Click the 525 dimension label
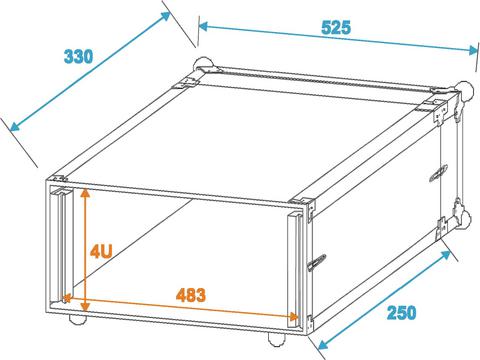[x=336, y=27]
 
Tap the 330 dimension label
[x=78, y=56]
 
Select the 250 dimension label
[x=401, y=313]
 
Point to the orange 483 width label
[x=191, y=295]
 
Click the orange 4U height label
[x=101, y=251]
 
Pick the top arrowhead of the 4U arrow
[x=86, y=193]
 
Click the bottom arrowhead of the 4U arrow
[x=86, y=306]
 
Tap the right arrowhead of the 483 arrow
[x=292, y=316]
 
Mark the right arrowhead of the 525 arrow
[x=473, y=50]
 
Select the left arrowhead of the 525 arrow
[x=204, y=26]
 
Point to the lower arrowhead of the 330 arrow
[x=14, y=126]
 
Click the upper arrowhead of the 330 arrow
[x=166, y=16]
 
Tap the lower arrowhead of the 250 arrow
[x=323, y=344]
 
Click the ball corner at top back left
[x=202, y=64]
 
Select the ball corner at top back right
[x=464, y=89]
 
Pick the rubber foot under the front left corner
[x=78, y=319]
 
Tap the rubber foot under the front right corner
[x=277, y=339]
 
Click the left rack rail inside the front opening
[x=60, y=243]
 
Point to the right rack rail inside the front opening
[x=295, y=268]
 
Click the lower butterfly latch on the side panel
[x=316, y=262]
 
